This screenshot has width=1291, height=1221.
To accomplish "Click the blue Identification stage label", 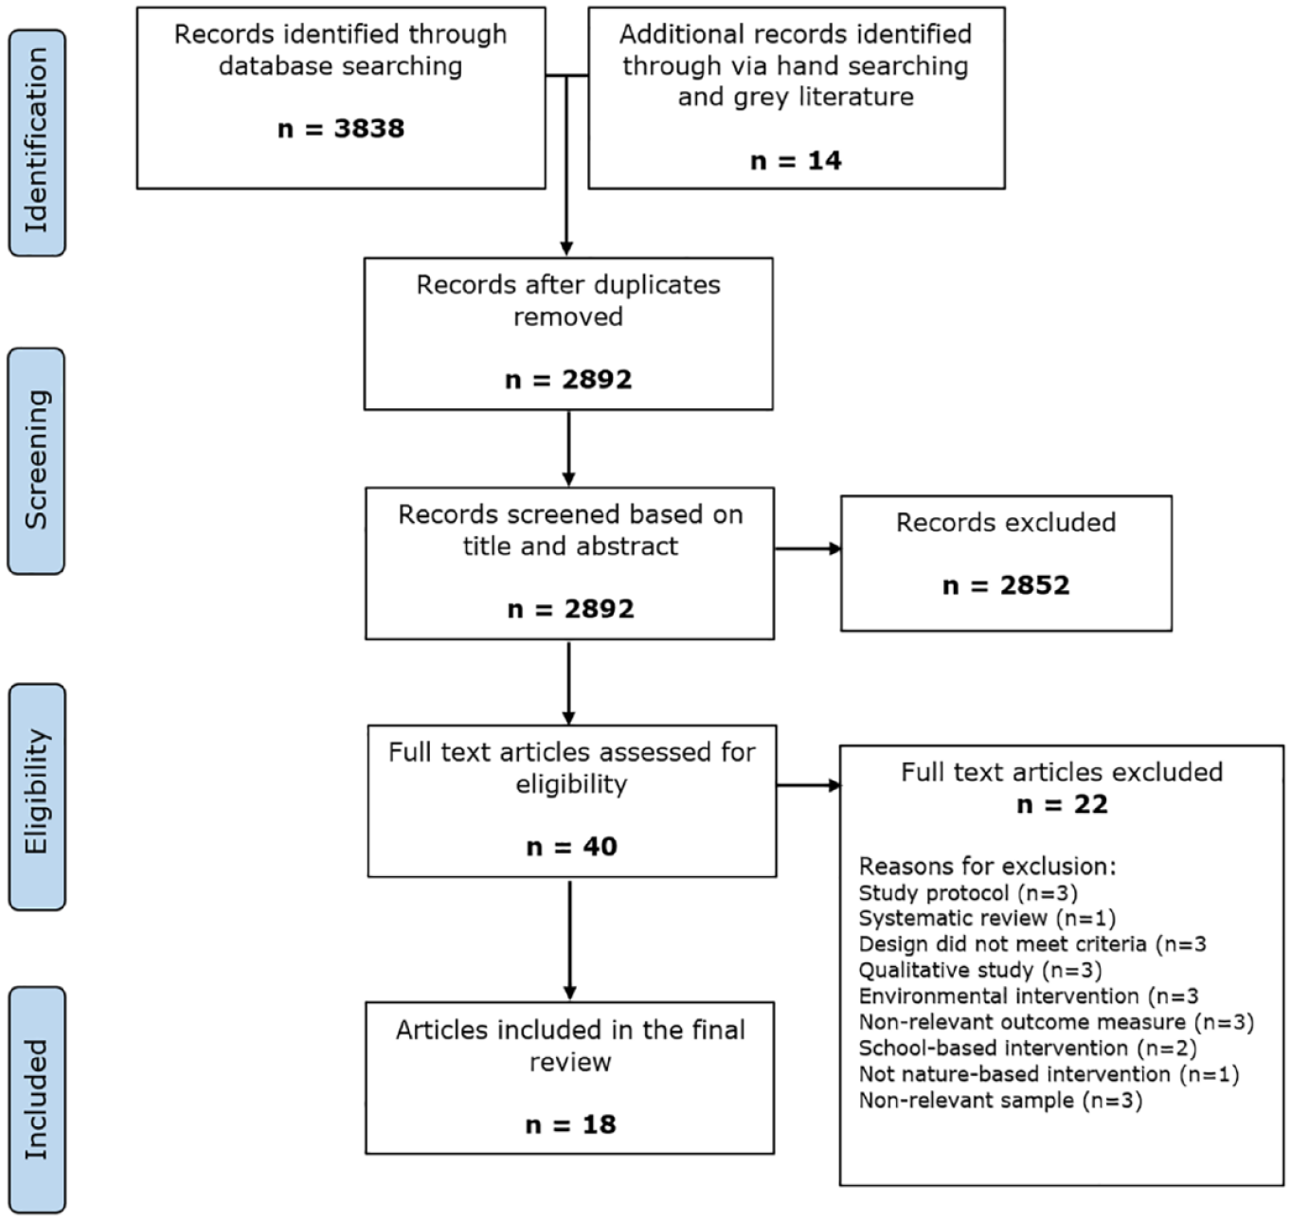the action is click(x=37, y=142).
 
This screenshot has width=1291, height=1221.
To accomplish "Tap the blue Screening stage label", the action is click(x=36, y=460).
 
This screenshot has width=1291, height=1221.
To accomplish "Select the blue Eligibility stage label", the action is click(x=37, y=796).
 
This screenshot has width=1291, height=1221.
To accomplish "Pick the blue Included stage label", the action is click(x=37, y=1099).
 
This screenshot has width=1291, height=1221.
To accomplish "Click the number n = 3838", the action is click(x=341, y=129).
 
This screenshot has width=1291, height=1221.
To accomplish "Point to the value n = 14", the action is click(x=796, y=161).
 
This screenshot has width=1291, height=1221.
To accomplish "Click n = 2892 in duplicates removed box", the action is click(x=568, y=380).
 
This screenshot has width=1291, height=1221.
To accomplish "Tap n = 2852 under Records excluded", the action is click(x=1006, y=585).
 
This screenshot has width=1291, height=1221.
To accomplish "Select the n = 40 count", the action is click(x=572, y=847).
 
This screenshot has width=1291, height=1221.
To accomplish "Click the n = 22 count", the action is click(x=1062, y=804).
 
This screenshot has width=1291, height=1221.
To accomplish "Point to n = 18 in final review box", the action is click(x=570, y=1124).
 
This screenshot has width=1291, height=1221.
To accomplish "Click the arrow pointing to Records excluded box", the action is click(x=808, y=548).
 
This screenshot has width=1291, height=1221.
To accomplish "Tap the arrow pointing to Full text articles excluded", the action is click(x=808, y=785).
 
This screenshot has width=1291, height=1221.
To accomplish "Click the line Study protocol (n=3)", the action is click(x=968, y=893).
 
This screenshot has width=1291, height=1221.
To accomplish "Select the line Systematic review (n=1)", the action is click(x=987, y=918).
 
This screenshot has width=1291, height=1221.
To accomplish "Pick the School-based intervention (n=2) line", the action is click(x=1028, y=1048).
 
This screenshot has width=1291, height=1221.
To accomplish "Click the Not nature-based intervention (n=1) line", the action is click(x=1049, y=1074).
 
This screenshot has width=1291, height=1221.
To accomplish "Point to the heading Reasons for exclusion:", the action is click(x=987, y=867).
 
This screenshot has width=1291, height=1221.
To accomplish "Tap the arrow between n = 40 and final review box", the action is click(x=569, y=940).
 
